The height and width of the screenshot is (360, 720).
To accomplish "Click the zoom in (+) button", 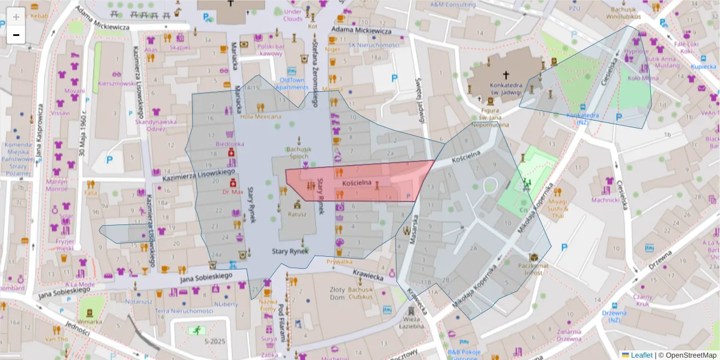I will tap(16, 17).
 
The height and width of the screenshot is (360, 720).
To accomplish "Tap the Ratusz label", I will tap(297, 214).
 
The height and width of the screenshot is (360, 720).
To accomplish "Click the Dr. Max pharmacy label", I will tap(232, 192).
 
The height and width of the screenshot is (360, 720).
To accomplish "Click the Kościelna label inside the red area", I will tap(357, 182).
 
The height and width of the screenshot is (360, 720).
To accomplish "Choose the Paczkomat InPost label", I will tap(530, 268).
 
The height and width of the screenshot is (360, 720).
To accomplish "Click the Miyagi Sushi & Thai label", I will tap(558, 208).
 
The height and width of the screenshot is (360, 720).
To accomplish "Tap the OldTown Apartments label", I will tap(292, 83).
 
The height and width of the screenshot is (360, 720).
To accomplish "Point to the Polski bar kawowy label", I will tap(271, 50).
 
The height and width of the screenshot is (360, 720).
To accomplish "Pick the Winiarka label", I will tap(89, 321).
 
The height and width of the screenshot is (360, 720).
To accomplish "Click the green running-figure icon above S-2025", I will tap(196, 330).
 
